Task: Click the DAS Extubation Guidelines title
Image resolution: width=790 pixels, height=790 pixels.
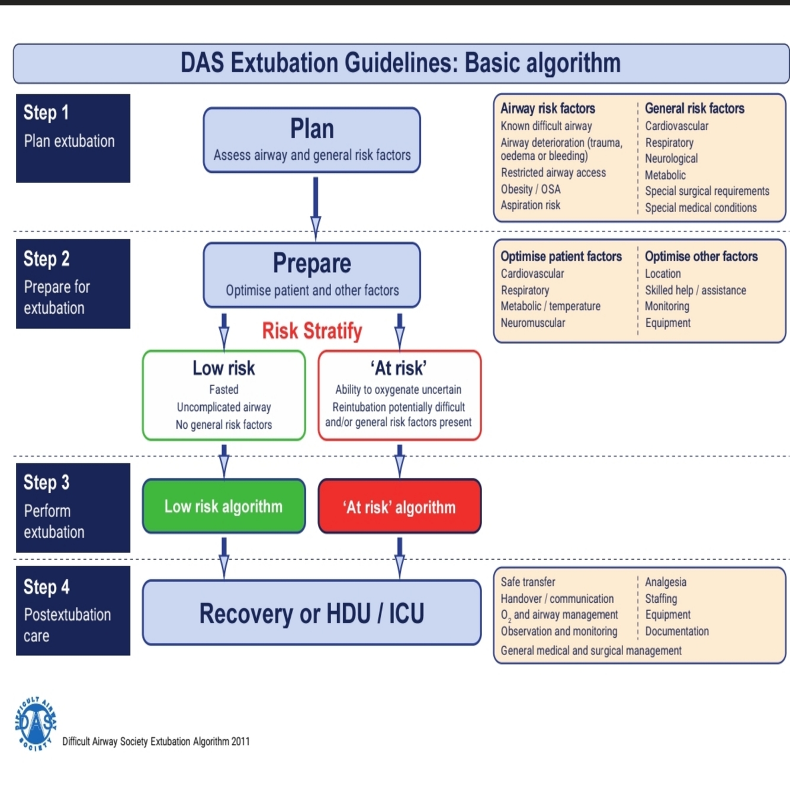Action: (400, 63)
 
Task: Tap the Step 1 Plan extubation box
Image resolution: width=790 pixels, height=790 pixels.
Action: (73, 138)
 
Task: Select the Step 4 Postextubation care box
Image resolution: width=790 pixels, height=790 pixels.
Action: (73, 611)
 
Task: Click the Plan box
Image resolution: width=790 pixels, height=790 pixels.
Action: (311, 140)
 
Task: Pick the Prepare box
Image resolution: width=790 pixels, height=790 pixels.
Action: (311, 275)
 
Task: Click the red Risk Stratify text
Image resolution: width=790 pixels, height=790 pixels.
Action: (311, 331)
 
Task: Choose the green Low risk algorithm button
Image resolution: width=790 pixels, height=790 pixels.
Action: (224, 506)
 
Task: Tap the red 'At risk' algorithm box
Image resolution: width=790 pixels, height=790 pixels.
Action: (399, 506)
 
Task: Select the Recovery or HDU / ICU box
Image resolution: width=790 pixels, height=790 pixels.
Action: (311, 613)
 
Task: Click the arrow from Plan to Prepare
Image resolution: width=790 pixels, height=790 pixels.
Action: (316, 207)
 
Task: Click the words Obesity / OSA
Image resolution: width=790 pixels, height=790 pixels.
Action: (531, 190)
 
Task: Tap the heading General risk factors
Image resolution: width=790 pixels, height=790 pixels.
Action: (694, 108)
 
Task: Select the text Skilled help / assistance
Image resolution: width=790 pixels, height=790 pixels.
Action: (695, 290)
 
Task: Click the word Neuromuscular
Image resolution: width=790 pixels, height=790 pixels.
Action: (532, 323)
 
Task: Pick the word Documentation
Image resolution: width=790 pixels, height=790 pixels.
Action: (676, 631)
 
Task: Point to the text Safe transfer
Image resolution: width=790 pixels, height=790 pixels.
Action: (528, 582)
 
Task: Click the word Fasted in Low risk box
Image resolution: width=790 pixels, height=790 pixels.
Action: (224, 390)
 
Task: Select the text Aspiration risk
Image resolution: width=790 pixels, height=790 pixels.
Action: (530, 205)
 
